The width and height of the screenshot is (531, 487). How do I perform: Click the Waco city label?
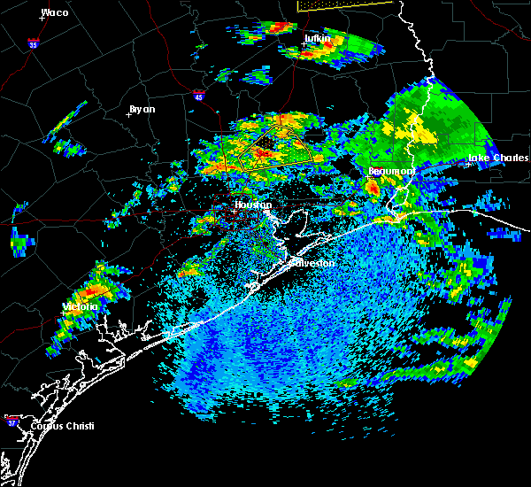point(55,12)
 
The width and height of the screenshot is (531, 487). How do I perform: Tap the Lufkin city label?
point(316,39)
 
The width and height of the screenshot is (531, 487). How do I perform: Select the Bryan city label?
point(142,109)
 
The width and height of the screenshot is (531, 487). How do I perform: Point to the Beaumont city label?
point(392,170)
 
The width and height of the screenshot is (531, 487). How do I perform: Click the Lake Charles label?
point(491,158)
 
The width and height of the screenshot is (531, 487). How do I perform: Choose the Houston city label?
point(252,205)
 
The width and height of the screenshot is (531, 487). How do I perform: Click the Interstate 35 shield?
point(33,43)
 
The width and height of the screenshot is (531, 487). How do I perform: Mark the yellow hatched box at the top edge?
point(345,4)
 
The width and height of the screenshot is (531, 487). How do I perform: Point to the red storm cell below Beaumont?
point(373,188)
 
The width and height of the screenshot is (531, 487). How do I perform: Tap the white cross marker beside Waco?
point(42,18)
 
